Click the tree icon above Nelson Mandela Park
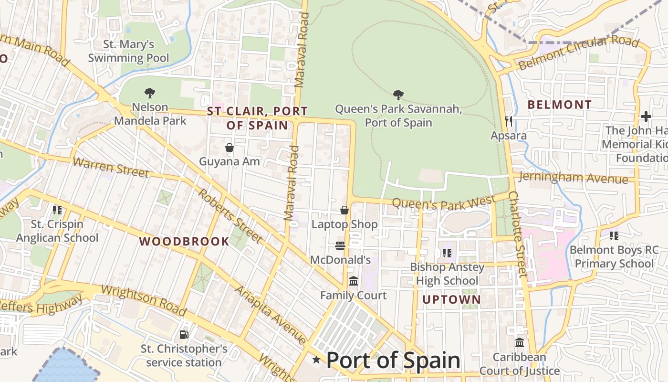[x=150, y=93]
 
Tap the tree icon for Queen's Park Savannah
[x=398, y=95]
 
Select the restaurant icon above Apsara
[x=509, y=121]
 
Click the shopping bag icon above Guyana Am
[x=230, y=148]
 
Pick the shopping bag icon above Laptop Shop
[x=344, y=210]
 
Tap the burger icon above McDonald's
[x=340, y=246]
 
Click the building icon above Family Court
[x=353, y=281]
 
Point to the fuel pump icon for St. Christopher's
[x=184, y=335]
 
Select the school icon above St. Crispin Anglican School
[x=57, y=210]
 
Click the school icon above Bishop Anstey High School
[x=447, y=253]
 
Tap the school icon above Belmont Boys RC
[x=614, y=235]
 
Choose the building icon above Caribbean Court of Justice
[x=520, y=343]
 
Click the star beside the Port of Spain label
[x=316, y=360]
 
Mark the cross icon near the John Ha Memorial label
[x=646, y=116]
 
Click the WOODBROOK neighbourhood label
[x=184, y=242]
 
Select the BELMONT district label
[x=560, y=105]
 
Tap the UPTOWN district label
[x=451, y=300]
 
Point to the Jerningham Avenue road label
[x=573, y=178]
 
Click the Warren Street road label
[x=111, y=167]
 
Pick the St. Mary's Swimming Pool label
[x=129, y=51]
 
